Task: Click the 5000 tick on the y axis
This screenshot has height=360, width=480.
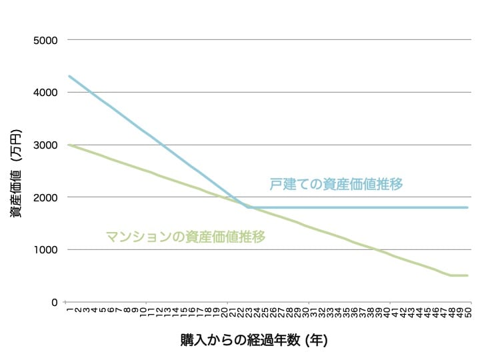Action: coord(46,40)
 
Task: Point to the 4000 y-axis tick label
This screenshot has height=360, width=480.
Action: coord(46,93)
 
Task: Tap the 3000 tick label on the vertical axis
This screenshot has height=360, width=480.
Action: coord(46,145)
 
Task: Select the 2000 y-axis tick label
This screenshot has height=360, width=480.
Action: coord(46,197)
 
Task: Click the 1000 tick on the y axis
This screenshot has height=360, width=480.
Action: coord(46,250)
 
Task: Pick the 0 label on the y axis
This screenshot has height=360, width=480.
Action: coord(55,302)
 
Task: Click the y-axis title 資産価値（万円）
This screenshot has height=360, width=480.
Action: coord(15,171)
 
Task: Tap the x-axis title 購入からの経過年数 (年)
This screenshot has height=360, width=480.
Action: coord(254,339)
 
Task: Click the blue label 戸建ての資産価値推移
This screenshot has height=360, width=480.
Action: coord(337,184)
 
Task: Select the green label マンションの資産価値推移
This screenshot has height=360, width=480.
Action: coord(186,236)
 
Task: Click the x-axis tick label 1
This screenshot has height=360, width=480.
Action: coord(69,309)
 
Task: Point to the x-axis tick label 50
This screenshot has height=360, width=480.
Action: coord(469,311)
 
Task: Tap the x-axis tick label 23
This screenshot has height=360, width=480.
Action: coord(248,311)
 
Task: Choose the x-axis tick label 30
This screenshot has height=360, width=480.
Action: coord(305,311)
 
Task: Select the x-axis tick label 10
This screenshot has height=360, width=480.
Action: coord(142,311)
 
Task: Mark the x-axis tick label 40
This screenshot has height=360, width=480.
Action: coord(387,311)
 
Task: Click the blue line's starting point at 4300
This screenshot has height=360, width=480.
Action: coord(69,76)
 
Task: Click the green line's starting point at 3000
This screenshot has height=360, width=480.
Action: coord(69,145)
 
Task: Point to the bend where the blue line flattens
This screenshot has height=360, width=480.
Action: coord(248,207)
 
